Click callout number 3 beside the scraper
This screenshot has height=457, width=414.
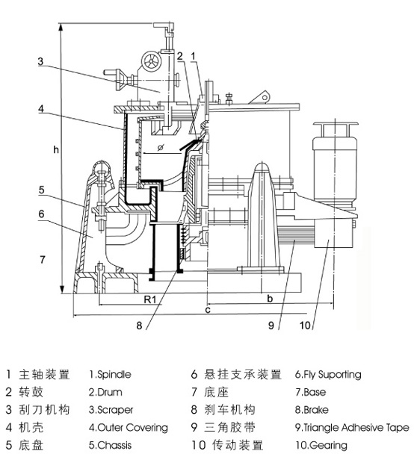coord(40,61)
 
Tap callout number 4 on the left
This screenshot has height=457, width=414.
coord(41,109)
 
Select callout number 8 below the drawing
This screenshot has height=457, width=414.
coord(139,326)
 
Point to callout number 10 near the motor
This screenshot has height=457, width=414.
coord(305,326)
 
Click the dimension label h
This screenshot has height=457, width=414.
coord(56,150)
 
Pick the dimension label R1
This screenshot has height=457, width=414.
coord(150,299)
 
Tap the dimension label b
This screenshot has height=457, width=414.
coord(270,299)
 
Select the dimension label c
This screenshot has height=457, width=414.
coord(208,310)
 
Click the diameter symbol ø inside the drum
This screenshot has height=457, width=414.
coord(161,147)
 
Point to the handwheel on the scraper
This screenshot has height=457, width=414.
coord(151,61)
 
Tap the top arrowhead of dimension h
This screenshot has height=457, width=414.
coord(61,26)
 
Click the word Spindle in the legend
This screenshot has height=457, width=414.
coord(114,375)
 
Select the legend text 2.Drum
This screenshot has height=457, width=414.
coord(105,392)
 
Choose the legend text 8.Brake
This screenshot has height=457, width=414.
coord(312,410)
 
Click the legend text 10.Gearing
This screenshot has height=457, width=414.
coord(321,446)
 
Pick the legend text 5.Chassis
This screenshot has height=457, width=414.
coord(111,445)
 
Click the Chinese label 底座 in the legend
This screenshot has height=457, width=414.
coord(216,392)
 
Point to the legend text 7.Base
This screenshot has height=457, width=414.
coord(310,392)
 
